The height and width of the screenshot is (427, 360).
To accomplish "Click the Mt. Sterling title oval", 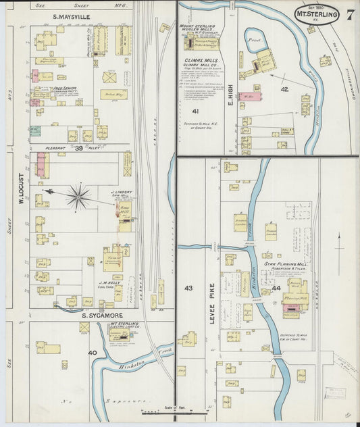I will (317, 14).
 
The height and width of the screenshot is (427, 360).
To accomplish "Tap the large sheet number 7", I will (351, 14).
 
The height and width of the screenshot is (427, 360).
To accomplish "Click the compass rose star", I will (79, 197).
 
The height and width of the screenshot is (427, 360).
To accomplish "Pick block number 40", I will (91, 352).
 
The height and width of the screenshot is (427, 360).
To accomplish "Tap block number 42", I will (284, 89).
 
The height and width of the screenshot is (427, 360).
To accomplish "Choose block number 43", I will (188, 288).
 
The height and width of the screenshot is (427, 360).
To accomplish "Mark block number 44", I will (276, 288).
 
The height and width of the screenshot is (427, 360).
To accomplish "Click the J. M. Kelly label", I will (110, 282).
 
